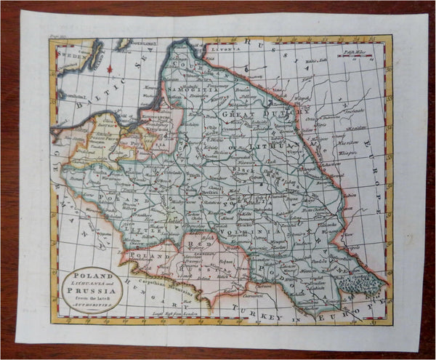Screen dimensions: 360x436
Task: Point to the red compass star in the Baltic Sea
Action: pos(110,69)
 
